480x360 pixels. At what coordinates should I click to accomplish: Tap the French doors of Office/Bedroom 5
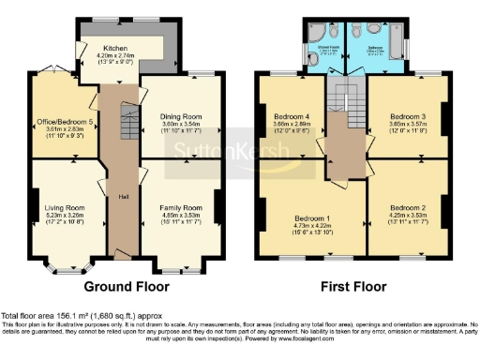pyautogui.click(x=52, y=68)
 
